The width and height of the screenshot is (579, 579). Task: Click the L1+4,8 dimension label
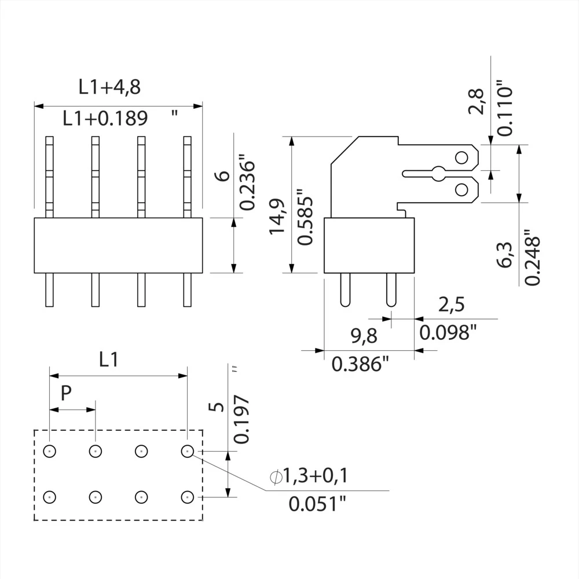[x=110, y=87]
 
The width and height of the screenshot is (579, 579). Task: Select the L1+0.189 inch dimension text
[x=105, y=119]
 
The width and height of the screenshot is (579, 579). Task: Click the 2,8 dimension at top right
[x=480, y=101]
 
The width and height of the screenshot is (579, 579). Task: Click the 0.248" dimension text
[x=532, y=259]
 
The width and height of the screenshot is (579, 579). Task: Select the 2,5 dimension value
[x=452, y=305]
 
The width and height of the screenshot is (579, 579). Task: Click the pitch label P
[x=67, y=394]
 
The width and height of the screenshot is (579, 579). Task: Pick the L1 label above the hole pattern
[x=108, y=360]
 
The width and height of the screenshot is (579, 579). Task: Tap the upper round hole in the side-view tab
[x=461, y=157]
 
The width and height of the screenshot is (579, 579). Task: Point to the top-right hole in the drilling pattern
[x=186, y=450]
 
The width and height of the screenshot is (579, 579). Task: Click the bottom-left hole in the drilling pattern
[x=50, y=496]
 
